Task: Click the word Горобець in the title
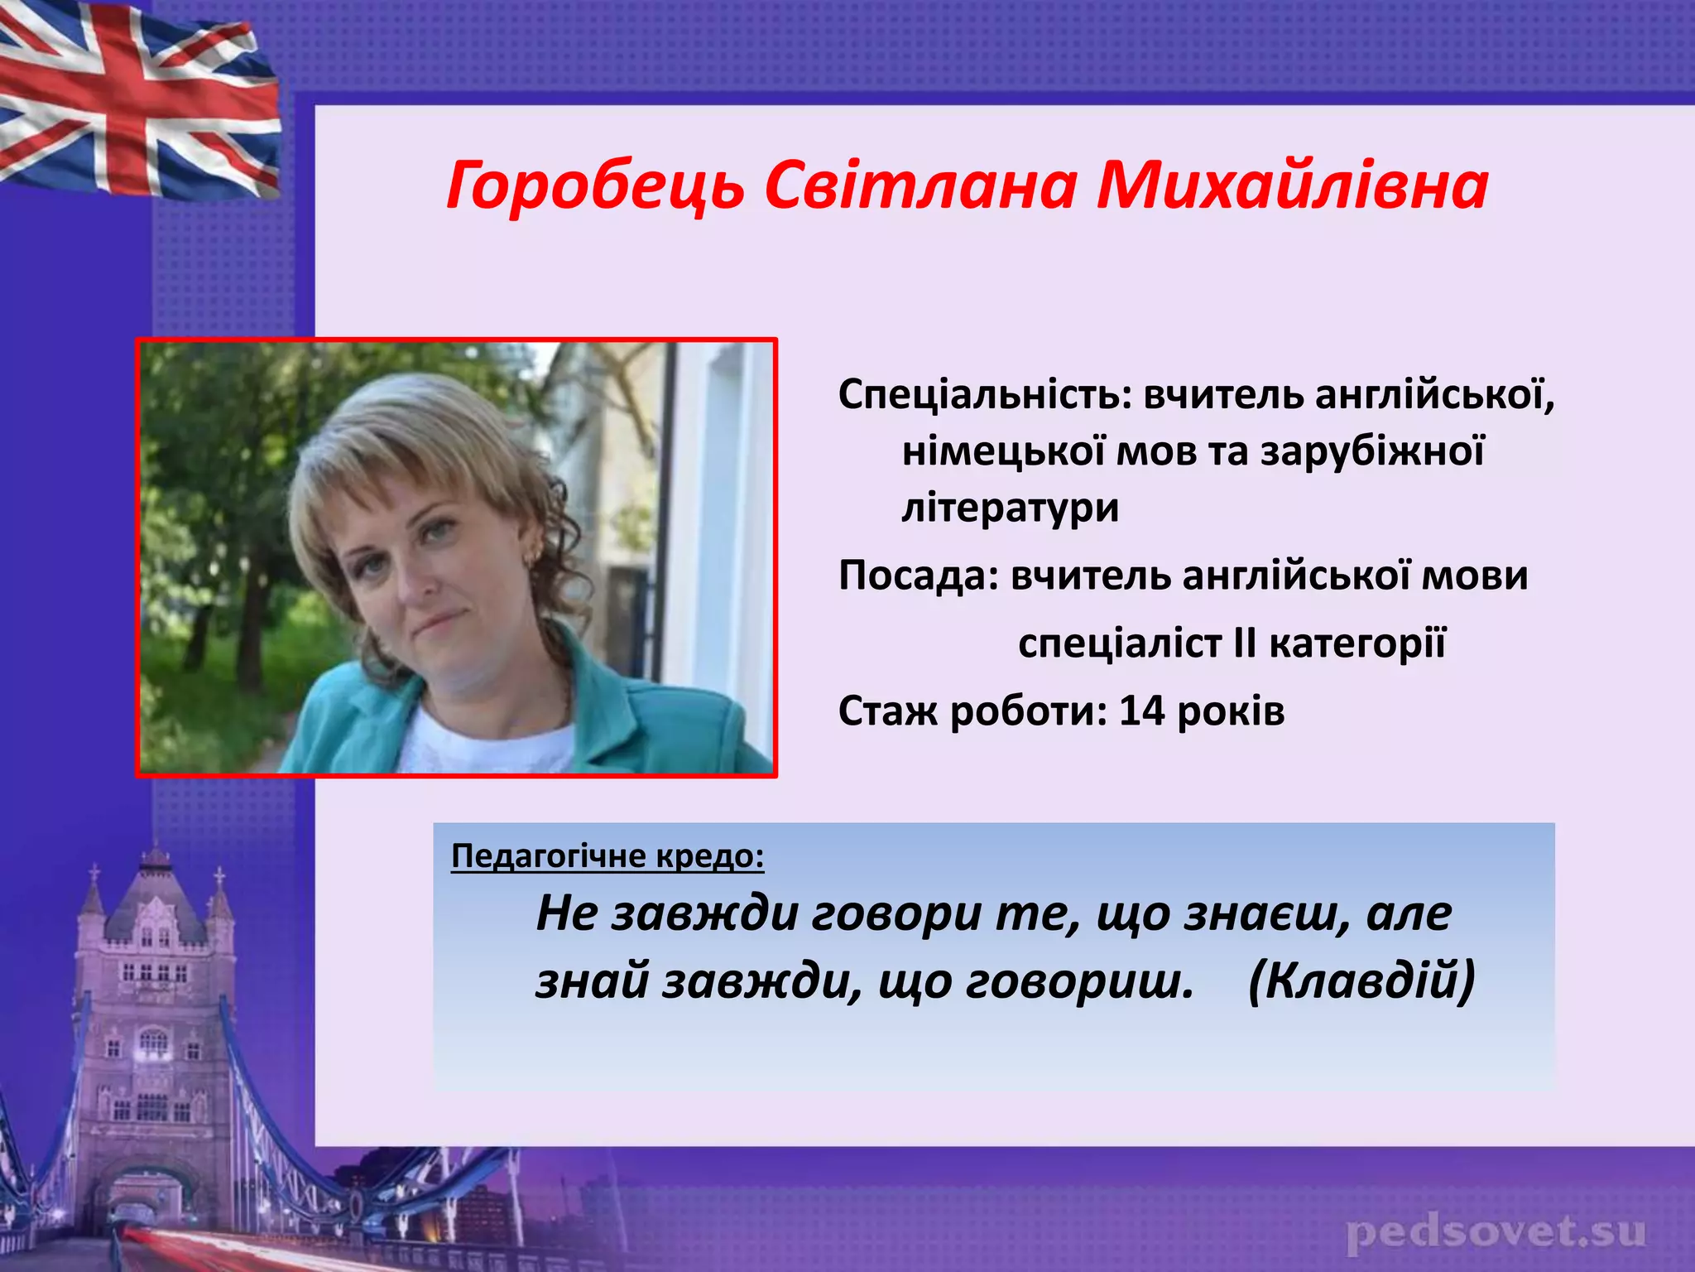tap(594, 185)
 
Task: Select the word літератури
tap(1010, 508)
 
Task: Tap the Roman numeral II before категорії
tap(1244, 643)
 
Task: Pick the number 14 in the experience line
tap(1141, 711)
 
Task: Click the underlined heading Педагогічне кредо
tap(607, 855)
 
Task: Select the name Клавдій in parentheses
tap(1361, 982)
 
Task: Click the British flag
tap(137, 99)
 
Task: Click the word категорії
tap(1357, 643)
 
